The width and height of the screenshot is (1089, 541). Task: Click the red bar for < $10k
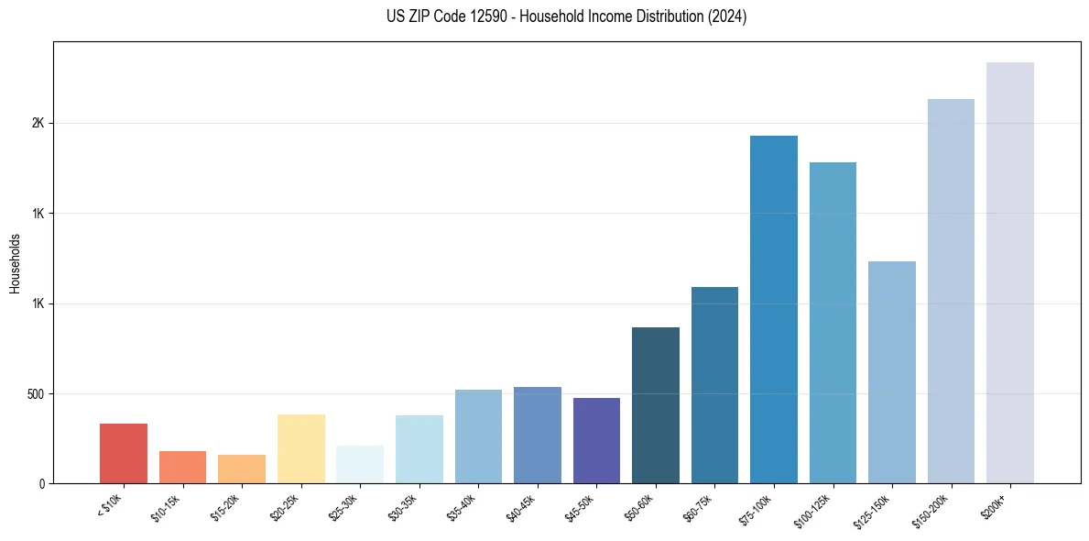click(124, 453)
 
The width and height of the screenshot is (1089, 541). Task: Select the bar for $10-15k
click(182, 467)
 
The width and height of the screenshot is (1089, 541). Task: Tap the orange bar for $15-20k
click(242, 469)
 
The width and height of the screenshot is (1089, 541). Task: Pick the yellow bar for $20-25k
click(301, 448)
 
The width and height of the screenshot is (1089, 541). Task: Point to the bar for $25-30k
click(360, 464)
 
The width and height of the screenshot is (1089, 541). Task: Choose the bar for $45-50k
click(596, 440)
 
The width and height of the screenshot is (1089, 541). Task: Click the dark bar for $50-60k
click(656, 405)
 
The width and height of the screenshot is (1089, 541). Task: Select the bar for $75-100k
click(774, 309)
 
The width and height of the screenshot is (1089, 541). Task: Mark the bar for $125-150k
click(892, 372)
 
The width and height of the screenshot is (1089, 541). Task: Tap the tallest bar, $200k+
click(1010, 272)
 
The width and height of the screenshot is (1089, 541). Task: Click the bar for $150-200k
click(951, 291)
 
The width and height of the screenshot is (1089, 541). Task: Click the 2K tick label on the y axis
click(39, 124)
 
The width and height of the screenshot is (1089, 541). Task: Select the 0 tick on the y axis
click(42, 484)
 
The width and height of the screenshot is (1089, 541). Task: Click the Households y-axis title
click(15, 263)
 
